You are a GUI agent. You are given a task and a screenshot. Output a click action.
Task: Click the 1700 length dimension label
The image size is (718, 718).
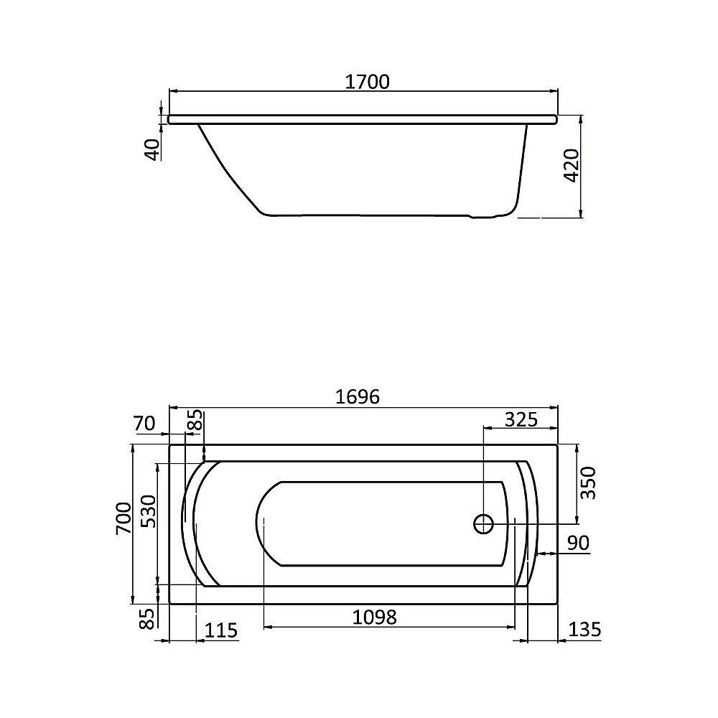click(367, 82)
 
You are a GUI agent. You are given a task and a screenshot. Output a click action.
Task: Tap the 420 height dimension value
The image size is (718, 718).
click(572, 167)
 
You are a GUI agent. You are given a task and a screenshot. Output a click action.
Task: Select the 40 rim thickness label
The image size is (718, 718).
click(152, 149)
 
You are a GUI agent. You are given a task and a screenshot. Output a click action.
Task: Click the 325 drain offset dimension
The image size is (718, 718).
click(521, 419)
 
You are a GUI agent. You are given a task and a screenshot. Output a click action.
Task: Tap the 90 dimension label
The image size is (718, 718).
click(578, 544)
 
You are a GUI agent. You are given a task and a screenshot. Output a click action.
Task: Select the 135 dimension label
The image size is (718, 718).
click(584, 630)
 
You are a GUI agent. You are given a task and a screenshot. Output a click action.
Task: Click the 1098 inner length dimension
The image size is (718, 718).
click(374, 617)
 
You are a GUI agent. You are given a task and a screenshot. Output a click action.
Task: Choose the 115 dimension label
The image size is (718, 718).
click(221, 630)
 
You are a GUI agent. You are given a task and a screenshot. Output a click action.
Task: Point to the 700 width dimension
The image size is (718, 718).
click(123, 518)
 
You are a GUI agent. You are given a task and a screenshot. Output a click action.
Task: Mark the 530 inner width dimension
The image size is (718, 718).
click(147, 511)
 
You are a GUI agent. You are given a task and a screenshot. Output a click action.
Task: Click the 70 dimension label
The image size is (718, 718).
click(144, 424)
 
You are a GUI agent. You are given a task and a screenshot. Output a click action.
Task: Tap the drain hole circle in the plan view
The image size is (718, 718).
click(483, 523)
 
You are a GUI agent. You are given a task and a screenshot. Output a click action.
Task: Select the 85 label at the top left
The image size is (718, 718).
click(195, 423)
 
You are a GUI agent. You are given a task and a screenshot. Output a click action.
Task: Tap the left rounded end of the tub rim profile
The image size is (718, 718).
click(169, 119)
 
